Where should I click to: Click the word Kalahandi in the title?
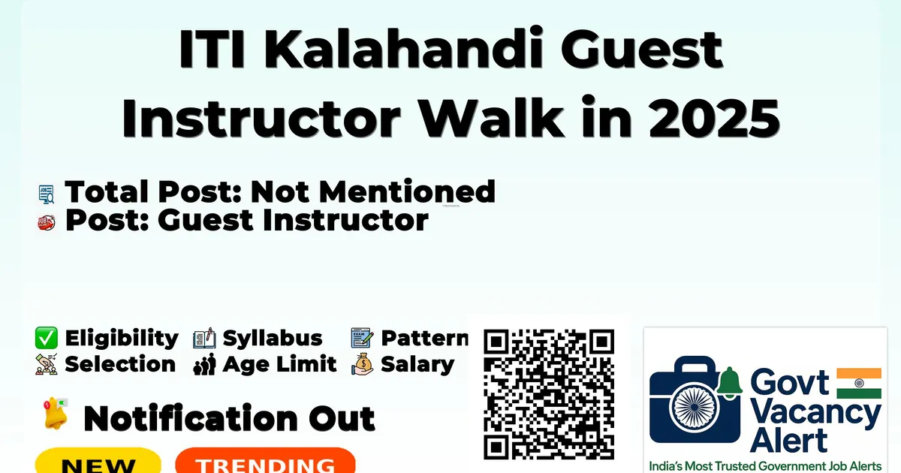pyautogui.click(x=403, y=49)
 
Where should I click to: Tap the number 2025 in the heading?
pyautogui.click(x=714, y=119)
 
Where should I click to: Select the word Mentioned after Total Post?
pyautogui.click(x=407, y=191)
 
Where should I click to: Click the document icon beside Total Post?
pyautogui.click(x=47, y=194)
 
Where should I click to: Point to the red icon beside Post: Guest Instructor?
pyautogui.click(x=47, y=222)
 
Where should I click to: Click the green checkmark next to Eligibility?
pyautogui.click(x=47, y=338)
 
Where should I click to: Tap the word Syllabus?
pyautogui.click(x=273, y=339)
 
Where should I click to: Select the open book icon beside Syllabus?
pyautogui.click(x=204, y=339)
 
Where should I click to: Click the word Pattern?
pyautogui.click(x=424, y=338)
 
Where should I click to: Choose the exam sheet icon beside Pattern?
pyautogui.click(x=362, y=338)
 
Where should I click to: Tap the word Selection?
pyautogui.click(x=120, y=364)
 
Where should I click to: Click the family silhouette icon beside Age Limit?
pyautogui.click(x=204, y=364)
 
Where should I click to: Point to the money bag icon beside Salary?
pyautogui.click(x=363, y=364)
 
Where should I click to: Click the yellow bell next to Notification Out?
pyautogui.click(x=56, y=414)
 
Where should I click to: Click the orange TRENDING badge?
pyautogui.click(x=266, y=461)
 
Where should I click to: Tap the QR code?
pyautogui.click(x=549, y=394)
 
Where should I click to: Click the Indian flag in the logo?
pyautogui.click(x=859, y=384)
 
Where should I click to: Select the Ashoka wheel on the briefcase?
pyautogui.click(x=694, y=407)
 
